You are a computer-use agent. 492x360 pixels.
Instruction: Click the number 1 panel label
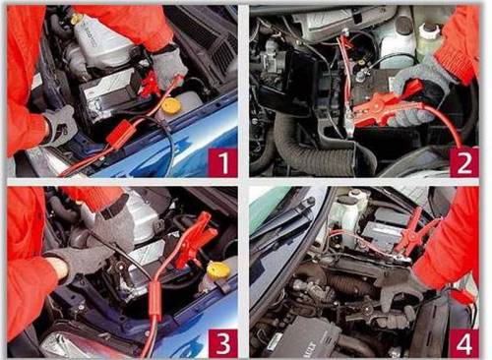click(x=223, y=162)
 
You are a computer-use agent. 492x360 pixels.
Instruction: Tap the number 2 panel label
click(x=464, y=162)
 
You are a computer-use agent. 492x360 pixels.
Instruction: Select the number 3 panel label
click(x=223, y=342)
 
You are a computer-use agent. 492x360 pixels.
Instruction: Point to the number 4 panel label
click(x=464, y=343)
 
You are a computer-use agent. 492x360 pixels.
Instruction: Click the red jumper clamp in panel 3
click(x=195, y=239)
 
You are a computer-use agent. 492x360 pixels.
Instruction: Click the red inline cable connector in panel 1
click(x=121, y=134)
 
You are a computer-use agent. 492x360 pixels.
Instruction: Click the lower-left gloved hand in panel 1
click(x=60, y=126)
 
